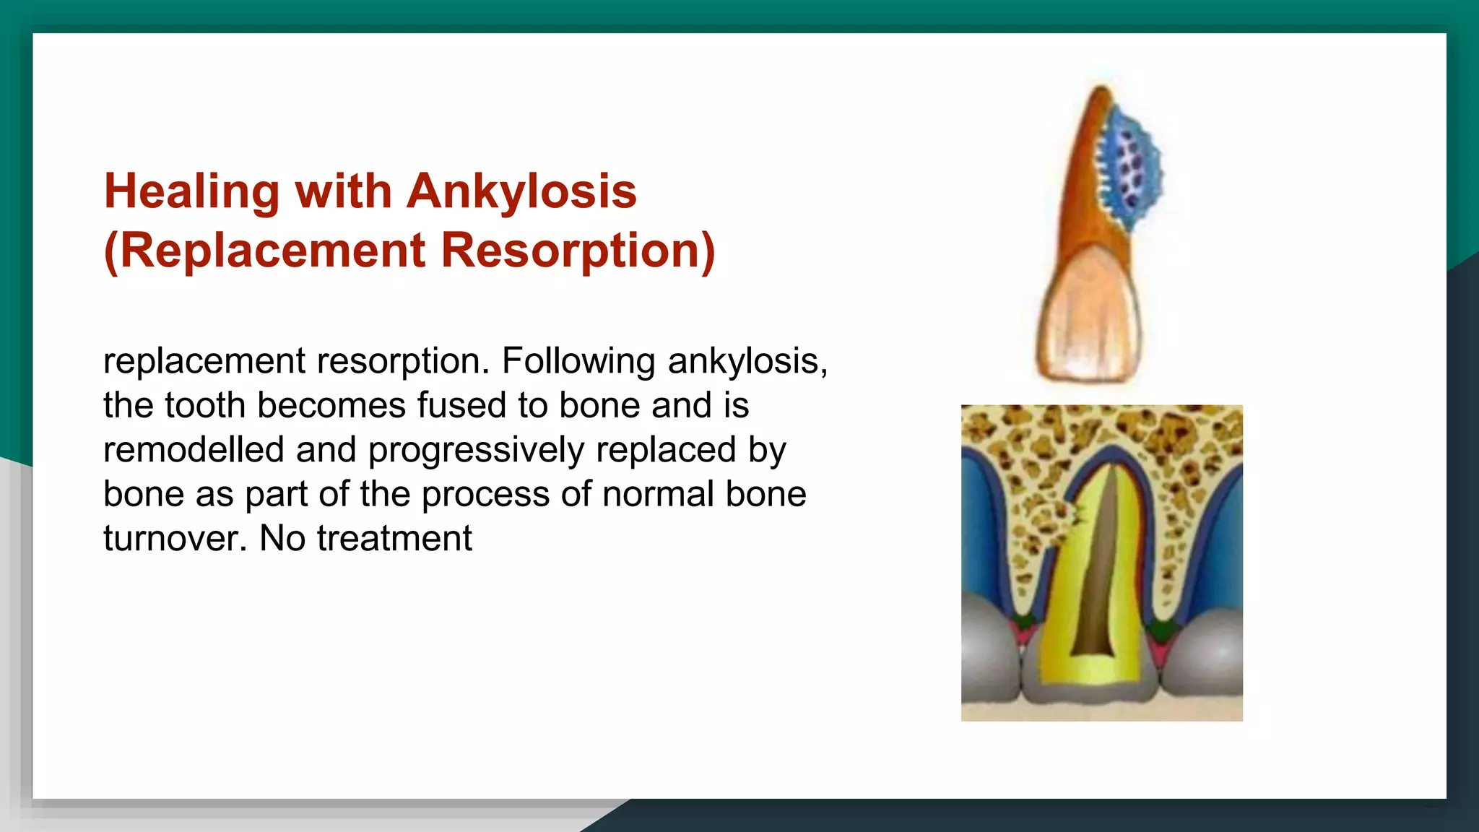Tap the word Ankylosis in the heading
[x=521, y=192]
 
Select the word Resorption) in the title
[x=578, y=251]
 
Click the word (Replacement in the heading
[x=265, y=251]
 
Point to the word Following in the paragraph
[x=578, y=361]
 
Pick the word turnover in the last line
[x=174, y=539]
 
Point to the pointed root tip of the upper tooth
[x=1101, y=91]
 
